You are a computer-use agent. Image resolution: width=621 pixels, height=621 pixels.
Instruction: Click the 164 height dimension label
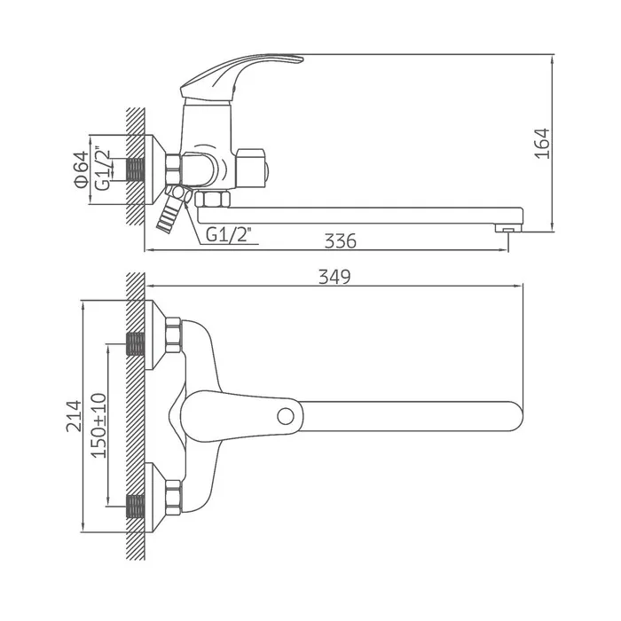543,144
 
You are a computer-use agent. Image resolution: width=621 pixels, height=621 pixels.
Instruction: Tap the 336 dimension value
340,240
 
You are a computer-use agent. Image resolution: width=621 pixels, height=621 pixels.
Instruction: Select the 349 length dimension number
334,277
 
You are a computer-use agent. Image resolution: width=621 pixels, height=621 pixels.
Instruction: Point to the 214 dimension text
74,416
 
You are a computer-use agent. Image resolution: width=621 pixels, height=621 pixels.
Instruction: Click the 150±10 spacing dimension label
98,426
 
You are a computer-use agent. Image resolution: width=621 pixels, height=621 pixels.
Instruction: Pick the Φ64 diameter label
82,169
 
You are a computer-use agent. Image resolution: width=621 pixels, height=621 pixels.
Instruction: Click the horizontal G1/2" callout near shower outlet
229,235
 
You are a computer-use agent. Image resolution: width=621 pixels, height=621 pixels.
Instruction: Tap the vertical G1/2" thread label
103,169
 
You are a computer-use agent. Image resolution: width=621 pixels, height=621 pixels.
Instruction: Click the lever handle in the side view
241,75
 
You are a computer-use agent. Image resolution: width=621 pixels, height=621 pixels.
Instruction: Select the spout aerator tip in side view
508,228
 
